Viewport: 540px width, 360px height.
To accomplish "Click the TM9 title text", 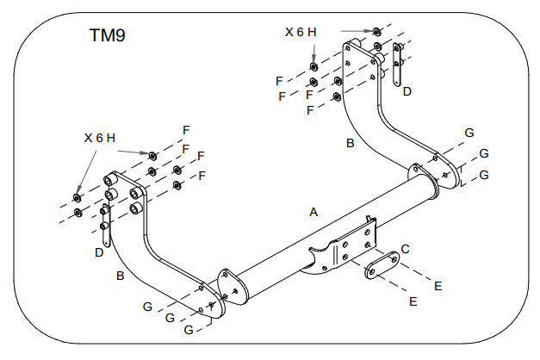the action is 108,35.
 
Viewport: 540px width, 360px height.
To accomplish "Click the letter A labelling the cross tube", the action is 313,212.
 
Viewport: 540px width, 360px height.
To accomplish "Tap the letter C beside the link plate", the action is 405,249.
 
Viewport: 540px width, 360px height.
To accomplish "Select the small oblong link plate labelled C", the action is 382,265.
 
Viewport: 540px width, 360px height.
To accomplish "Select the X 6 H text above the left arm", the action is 100,138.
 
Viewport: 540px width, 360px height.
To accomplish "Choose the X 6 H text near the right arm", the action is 301,32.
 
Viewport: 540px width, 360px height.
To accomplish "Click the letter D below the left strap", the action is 99,252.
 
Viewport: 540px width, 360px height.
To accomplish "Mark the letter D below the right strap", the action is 407,91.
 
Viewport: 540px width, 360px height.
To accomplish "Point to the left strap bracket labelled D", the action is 105,226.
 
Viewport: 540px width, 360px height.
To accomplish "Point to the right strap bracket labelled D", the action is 397,65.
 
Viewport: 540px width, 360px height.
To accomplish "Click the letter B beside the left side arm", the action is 121,276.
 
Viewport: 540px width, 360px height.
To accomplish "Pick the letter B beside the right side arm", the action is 351,143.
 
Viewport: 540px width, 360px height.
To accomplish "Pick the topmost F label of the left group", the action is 186,130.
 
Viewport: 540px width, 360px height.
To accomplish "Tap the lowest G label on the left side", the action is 189,330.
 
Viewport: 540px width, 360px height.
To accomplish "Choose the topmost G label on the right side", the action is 469,133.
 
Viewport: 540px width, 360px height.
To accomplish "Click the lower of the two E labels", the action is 413,301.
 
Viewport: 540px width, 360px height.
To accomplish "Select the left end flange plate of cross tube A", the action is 233,287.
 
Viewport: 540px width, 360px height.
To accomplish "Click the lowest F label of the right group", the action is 310,110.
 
